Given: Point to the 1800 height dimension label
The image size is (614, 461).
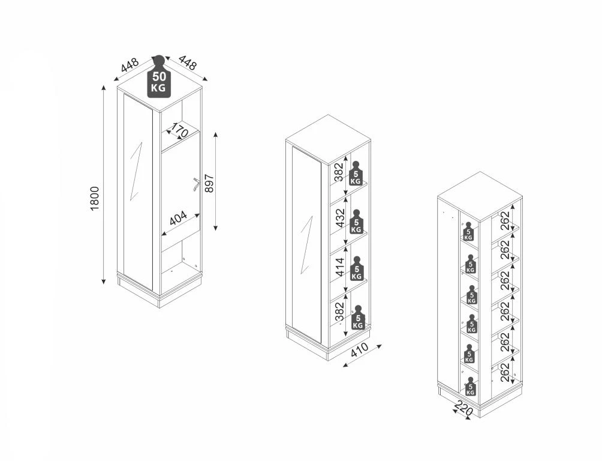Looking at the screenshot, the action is pyautogui.click(x=95, y=199).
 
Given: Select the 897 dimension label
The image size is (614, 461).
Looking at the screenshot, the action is pyautogui.click(x=209, y=183).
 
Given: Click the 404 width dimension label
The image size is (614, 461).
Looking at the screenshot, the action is pyautogui.click(x=178, y=218).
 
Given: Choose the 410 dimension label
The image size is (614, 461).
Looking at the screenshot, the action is pyautogui.click(x=359, y=350).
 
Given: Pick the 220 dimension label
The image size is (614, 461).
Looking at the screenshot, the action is pyautogui.click(x=465, y=409).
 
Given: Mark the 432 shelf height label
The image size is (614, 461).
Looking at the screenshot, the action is pyautogui.click(x=341, y=218).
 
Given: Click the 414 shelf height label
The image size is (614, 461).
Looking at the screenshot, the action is pyautogui.click(x=341, y=267).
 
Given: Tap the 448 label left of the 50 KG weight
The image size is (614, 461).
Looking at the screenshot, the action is pyautogui.click(x=130, y=65).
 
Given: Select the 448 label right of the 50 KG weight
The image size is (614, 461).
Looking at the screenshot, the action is pyautogui.click(x=188, y=62).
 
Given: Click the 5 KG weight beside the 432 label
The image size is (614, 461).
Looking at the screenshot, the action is pyautogui.click(x=356, y=222).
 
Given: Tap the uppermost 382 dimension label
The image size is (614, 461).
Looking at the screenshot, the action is pyautogui.click(x=339, y=172).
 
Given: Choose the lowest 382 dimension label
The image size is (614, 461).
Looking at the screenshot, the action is pyautogui.click(x=339, y=312).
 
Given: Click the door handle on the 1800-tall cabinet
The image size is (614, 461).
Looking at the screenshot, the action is pyautogui.click(x=196, y=184).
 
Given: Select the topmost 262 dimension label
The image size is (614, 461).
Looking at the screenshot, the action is pyautogui.click(x=505, y=221).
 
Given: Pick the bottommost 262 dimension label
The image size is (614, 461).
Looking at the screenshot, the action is pyautogui.click(x=505, y=372).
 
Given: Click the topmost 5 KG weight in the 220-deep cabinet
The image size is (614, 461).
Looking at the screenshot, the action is pyautogui.click(x=468, y=232).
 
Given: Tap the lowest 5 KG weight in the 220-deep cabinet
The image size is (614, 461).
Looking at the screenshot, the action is pyautogui.click(x=470, y=387).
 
